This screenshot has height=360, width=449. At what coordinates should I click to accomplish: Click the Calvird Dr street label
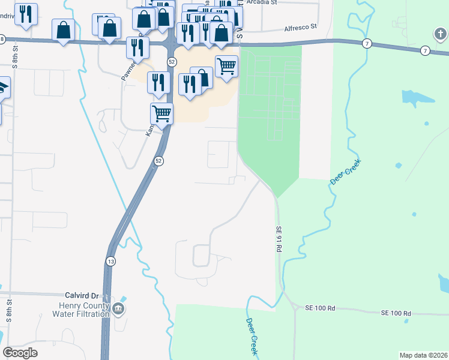pos(81,296)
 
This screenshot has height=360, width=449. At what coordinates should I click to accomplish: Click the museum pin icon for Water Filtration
pos(118,309)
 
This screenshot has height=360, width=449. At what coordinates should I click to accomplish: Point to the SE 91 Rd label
pos(279,238)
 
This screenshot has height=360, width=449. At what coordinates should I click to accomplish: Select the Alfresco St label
pos(300,28)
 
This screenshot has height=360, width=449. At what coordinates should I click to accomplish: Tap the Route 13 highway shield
pos(110,261)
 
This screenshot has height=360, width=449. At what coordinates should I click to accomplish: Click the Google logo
pos(20,353)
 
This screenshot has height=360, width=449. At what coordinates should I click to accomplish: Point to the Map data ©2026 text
pos(423,355)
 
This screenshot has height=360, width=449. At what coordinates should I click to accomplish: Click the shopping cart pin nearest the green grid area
pos(226,66)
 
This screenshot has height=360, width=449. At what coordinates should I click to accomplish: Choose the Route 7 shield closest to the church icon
pos(425,50)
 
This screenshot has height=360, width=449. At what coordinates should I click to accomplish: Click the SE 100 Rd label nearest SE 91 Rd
pos(319,308)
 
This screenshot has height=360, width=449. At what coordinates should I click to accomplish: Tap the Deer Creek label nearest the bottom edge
pos(252,336)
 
